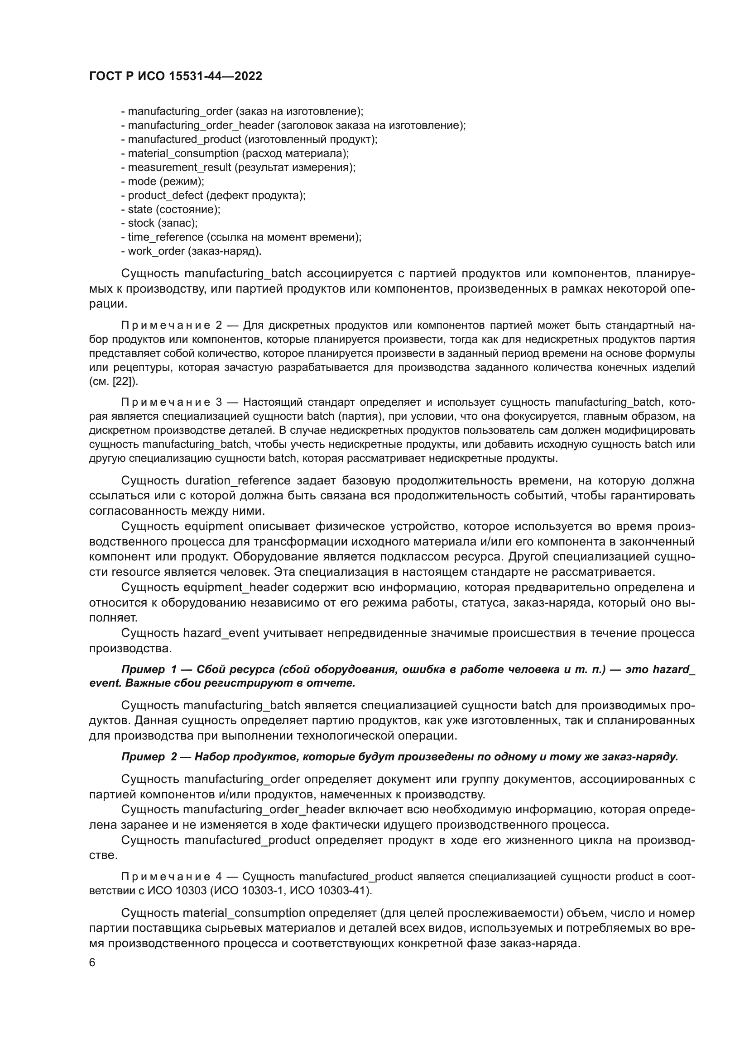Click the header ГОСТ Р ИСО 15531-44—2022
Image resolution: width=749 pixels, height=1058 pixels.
pos(175,76)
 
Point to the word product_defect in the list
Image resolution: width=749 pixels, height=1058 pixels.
pos(165,195)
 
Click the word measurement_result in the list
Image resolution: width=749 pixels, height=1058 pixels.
pos(179,167)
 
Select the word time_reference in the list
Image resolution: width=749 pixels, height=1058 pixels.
pos(166,237)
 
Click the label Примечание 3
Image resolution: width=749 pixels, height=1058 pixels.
pos(172,402)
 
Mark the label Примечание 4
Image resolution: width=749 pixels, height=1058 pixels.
pos(172,877)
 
